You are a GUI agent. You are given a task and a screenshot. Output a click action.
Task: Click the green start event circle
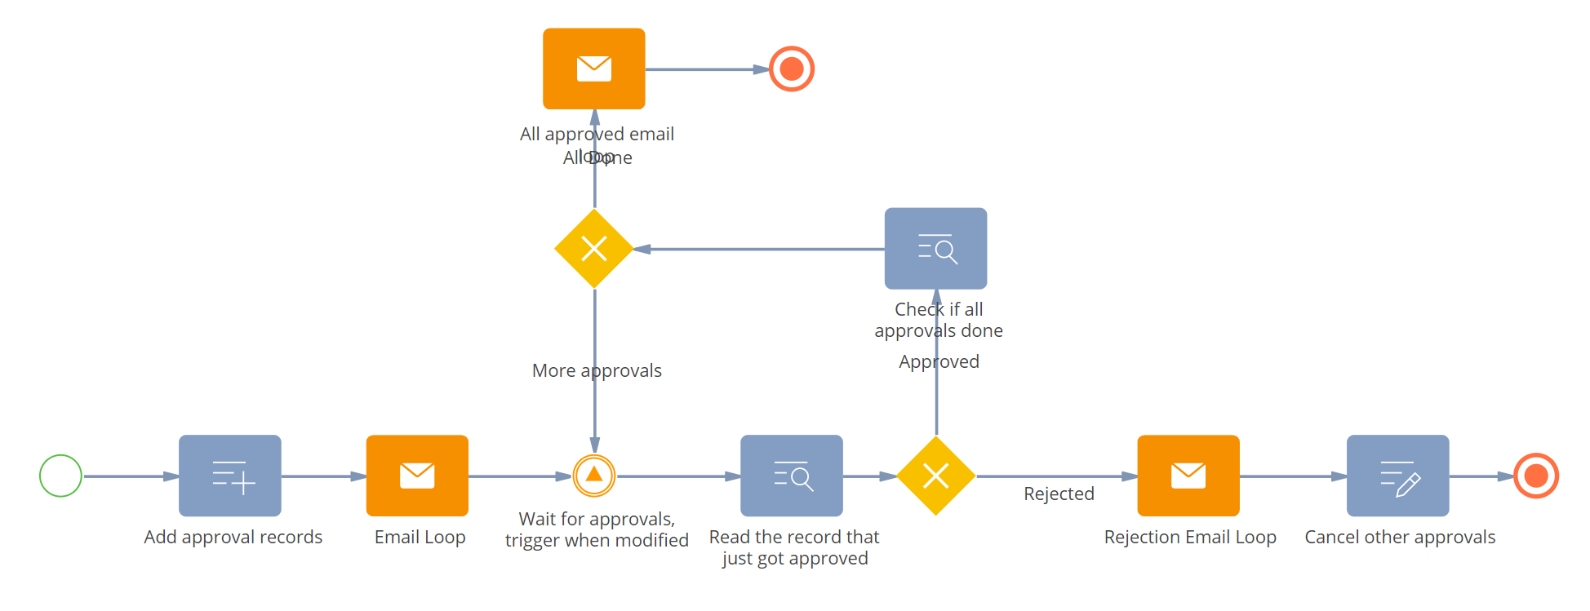point(61,476)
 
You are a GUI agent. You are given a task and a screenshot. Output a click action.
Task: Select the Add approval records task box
point(230,476)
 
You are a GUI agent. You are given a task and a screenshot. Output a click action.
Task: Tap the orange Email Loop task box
point(417,476)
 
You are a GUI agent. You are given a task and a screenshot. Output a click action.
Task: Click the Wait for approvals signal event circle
point(594,476)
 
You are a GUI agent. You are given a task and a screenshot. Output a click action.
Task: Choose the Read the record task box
point(791,476)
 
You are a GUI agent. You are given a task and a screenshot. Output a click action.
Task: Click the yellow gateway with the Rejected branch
point(936,476)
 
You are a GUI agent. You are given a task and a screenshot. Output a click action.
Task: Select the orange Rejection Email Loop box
point(1188,476)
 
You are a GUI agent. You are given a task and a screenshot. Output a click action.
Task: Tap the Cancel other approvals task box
point(1397,476)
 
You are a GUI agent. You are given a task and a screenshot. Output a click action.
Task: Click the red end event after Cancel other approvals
point(1536,476)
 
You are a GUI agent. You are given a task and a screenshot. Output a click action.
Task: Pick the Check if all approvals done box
point(935,249)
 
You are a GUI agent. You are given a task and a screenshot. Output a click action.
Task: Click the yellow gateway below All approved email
point(594,249)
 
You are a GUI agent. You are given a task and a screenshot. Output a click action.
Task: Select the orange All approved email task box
point(594,69)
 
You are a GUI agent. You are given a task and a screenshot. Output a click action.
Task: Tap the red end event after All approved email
point(792,69)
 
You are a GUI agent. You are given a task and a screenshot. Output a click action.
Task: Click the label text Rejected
point(1059,494)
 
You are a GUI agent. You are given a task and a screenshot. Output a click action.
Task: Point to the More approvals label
point(597,371)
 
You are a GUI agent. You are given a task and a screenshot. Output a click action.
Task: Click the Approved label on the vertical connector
point(939,362)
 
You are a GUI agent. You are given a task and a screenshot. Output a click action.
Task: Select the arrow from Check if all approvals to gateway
point(759,249)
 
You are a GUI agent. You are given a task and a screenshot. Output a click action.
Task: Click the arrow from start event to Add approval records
point(131,476)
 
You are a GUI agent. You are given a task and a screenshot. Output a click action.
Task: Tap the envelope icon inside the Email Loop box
point(417,475)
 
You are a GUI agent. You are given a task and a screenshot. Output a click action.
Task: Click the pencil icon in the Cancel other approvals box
point(1408,485)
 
